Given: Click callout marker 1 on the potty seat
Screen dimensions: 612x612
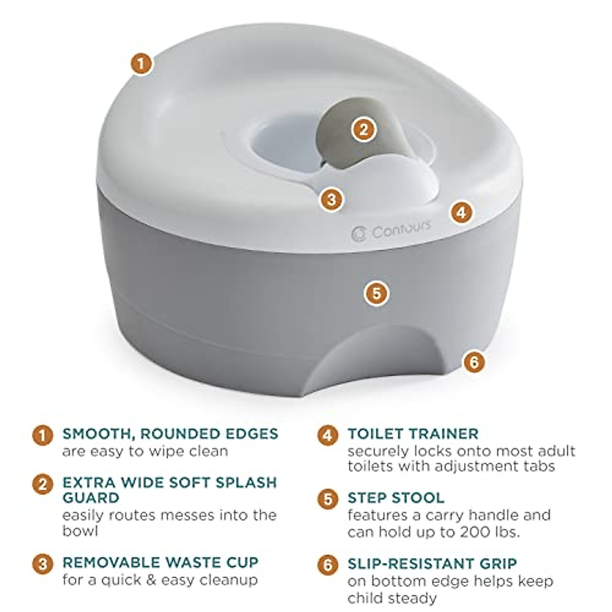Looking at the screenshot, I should [x=142, y=65].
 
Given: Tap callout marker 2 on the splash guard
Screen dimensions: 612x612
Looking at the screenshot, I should [x=363, y=129].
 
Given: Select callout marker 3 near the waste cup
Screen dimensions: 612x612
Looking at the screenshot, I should [x=331, y=199].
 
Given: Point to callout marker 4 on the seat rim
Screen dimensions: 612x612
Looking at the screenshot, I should [x=462, y=212].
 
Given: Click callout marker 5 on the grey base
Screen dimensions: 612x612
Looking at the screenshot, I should [x=376, y=293].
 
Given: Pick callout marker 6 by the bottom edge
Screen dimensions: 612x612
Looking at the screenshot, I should [x=474, y=362].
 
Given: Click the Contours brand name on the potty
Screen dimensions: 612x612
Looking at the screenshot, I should [x=401, y=229].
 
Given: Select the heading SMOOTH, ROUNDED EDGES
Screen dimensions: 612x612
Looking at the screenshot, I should [x=170, y=433].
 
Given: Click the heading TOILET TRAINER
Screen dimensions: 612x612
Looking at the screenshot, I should [x=413, y=434].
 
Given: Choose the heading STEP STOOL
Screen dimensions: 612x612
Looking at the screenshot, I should [x=396, y=497].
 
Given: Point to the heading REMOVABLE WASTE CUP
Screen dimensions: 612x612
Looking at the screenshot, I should [x=160, y=563].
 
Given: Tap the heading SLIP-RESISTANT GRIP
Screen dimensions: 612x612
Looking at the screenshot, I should [x=432, y=564].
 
